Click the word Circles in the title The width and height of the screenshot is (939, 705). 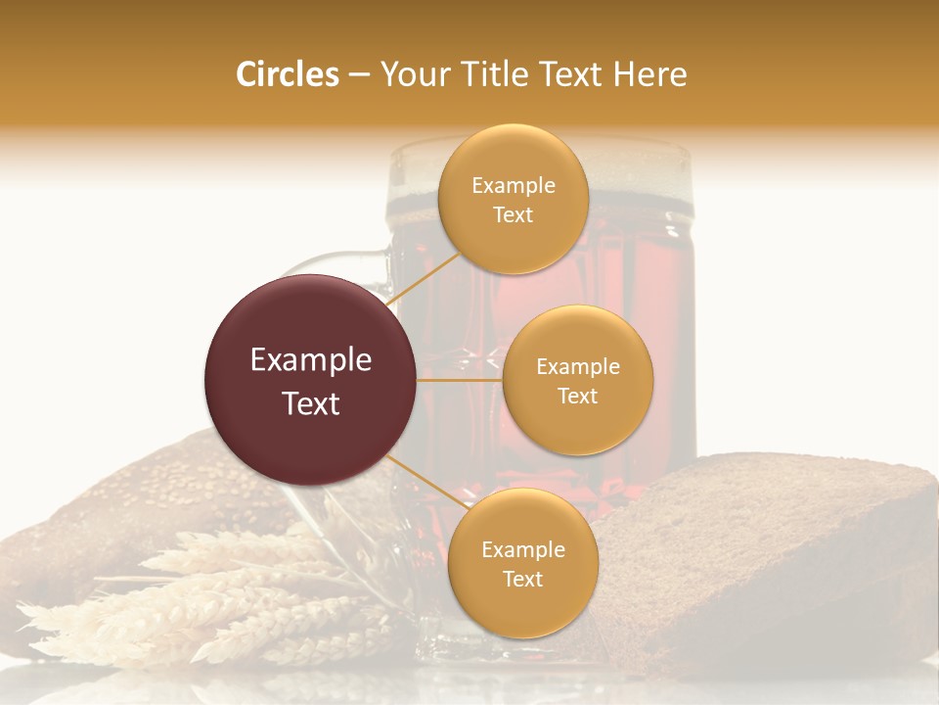[288, 74]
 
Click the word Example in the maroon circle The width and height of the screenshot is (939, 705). [311, 360]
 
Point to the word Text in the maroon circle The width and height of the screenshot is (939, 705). [311, 402]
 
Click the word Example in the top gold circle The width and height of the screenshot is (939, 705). [514, 186]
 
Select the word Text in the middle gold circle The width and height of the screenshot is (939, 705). [577, 396]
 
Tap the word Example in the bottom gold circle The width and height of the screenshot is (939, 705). [522, 549]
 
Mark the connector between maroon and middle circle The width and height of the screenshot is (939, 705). [460, 380]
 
